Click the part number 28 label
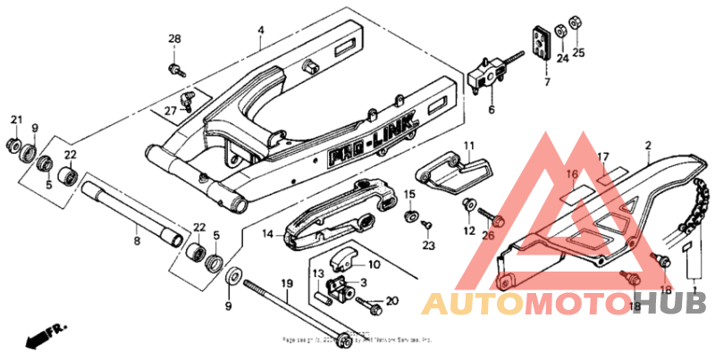(174, 38)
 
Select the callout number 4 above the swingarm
(260, 29)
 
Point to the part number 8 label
(136, 241)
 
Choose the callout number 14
(266, 234)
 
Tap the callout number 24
(562, 59)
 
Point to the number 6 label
(491, 110)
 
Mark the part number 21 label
(16, 121)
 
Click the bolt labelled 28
(175, 68)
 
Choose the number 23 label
(428, 245)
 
